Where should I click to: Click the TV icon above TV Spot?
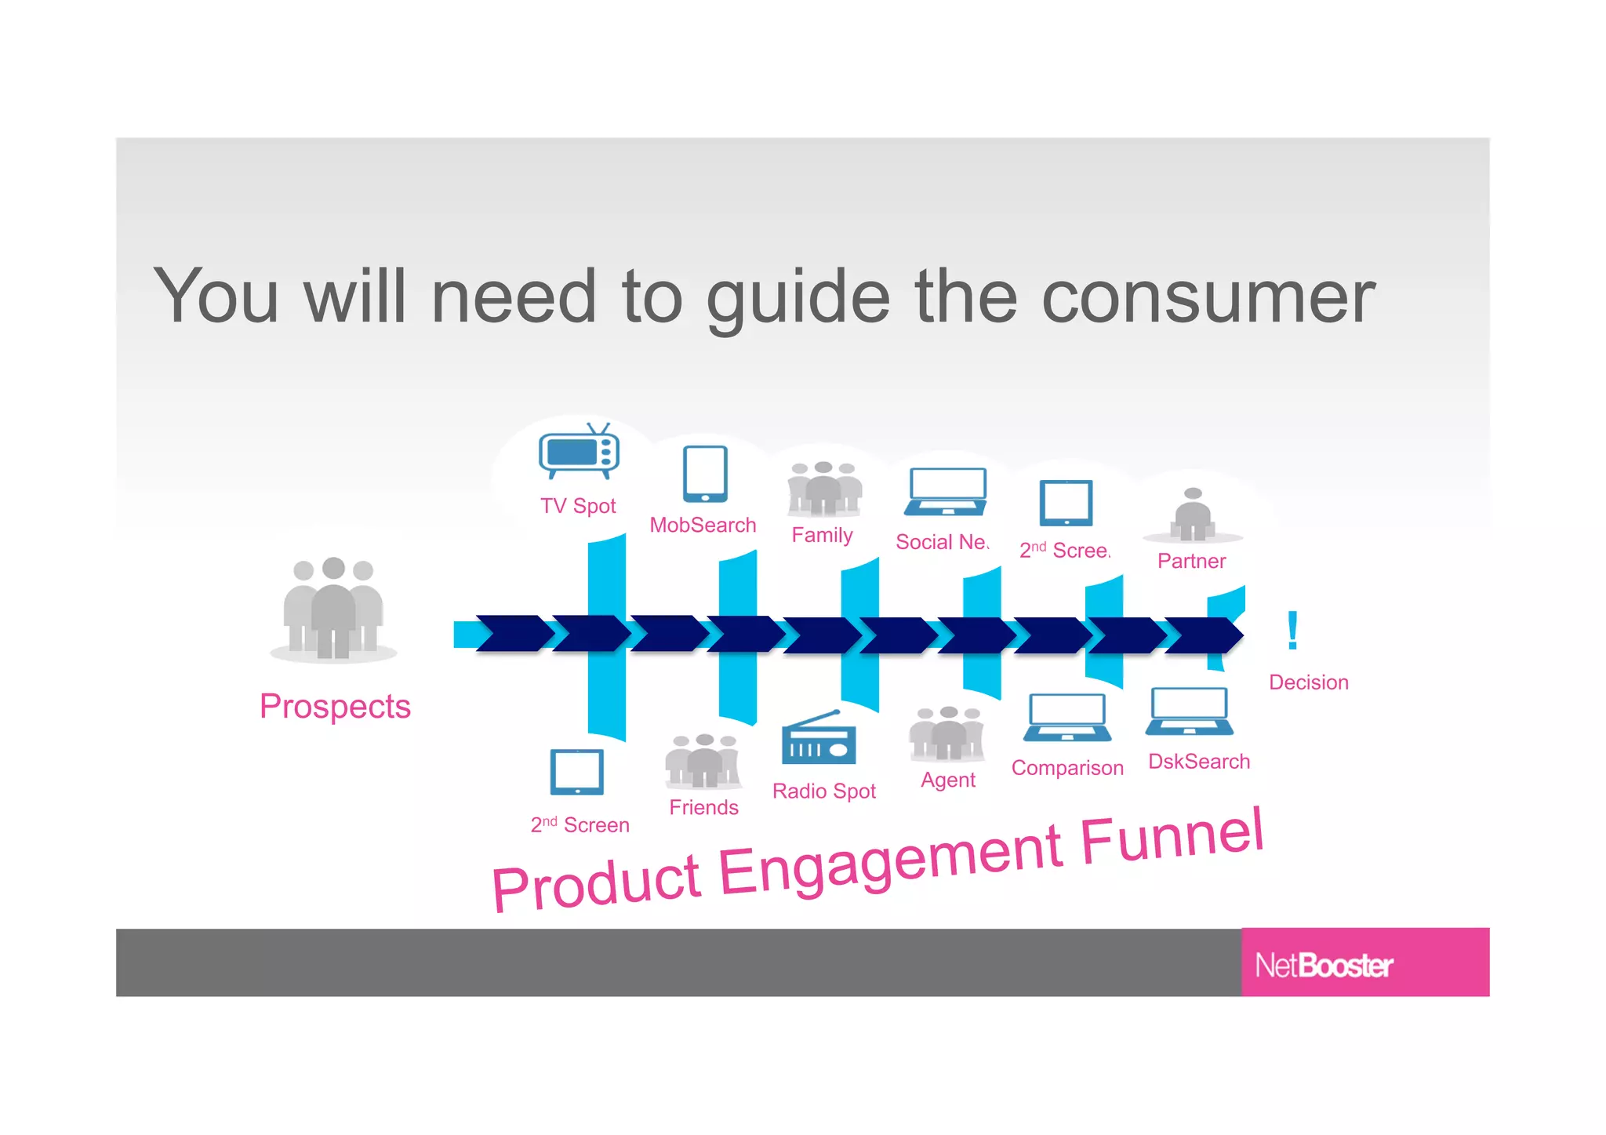coord(579,452)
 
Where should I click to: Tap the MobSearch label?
coord(703,525)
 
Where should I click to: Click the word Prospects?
coord(335,706)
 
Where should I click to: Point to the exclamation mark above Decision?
coord(1292,631)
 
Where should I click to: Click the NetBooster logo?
coord(1324,965)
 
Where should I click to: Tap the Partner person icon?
coord(1193,515)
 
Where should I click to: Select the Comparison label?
coord(1066,768)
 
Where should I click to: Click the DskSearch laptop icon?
coord(1189,711)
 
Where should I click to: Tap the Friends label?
coord(703,807)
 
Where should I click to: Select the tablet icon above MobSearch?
coord(705,474)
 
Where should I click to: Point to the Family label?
coord(822,535)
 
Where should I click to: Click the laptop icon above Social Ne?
coord(946,492)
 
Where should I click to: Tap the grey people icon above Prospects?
coord(333,609)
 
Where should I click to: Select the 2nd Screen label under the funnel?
coord(580,825)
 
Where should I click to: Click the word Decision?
coord(1308,682)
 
